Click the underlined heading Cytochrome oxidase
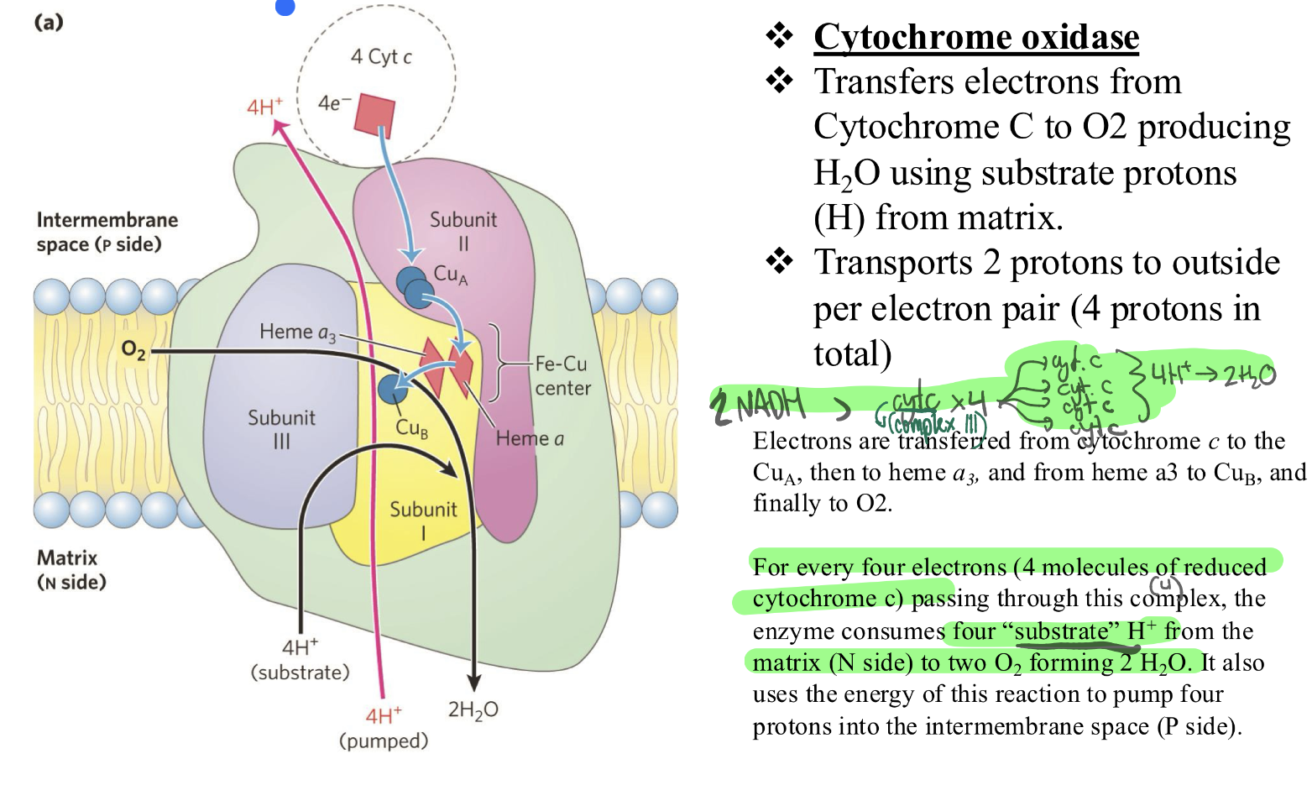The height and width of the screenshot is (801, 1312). click(x=975, y=37)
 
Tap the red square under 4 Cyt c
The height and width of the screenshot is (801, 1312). click(x=374, y=115)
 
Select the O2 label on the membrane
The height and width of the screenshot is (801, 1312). click(x=133, y=349)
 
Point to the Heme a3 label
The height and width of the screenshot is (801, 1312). click(x=297, y=332)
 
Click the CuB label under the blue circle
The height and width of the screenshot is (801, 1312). click(x=411, y=428)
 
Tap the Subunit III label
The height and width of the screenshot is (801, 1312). click(x=281, y=429)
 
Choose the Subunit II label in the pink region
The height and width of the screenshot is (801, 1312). click(x=463, y=231)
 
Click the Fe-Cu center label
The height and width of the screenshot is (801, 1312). click(x=562, y=375)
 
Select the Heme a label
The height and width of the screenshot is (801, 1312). click(x=530, y=438)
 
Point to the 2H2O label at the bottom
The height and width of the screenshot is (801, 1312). click(x=473, y=710)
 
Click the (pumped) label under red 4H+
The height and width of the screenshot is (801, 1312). click(x=384, y=741)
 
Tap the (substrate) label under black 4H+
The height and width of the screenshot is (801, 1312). click(x=300, y=673)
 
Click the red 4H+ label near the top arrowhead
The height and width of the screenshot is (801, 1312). click(x=264, y=107)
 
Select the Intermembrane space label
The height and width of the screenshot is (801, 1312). click(x=107, y=232)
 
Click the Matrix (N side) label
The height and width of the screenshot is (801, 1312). click(x=71, y=569)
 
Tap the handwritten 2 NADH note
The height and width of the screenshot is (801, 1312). click(x=758, y=406)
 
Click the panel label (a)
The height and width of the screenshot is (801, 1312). click(x=49, y=22)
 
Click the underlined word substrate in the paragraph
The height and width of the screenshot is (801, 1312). click(x=1062, y=631)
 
